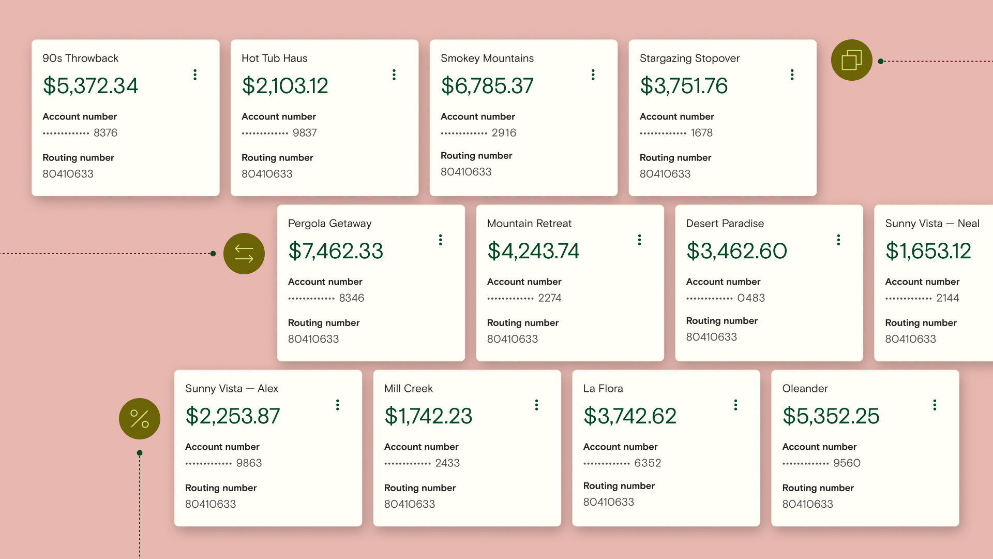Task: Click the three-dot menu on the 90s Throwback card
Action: [195, 75]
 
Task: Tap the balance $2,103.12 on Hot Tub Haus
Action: [285, 86]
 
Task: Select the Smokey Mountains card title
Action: [487, 58]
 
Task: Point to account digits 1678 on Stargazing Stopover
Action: [701, 133]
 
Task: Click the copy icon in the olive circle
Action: [851, 60]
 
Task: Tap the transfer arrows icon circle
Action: [244, 254]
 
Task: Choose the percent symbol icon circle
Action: [140, 419]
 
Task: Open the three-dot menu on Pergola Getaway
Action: [441, 240]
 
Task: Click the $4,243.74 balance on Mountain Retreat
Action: [533, 251]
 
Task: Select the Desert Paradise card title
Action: [725, 224]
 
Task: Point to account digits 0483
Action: [751, 298]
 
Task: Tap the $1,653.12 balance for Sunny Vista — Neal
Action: [928, 251]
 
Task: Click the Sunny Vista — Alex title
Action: [231, 389]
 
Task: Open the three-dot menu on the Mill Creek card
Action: [537, 405]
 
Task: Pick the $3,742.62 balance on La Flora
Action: [629, 416]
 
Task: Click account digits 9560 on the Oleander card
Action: [847, 463]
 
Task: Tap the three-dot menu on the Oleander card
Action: [935, 405]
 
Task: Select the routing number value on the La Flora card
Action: [608, 502]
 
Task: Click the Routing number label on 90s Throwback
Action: [78, 158]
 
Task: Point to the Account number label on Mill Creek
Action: [421, 447]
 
